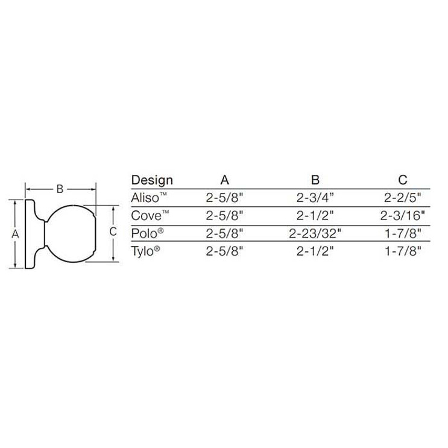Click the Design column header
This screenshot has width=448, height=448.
point(152,180)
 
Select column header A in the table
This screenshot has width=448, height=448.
point(224,180)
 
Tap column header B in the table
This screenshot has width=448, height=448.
point(315,180)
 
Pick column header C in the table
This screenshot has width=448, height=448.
point(403,180)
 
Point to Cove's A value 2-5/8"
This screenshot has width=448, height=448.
point(224,215)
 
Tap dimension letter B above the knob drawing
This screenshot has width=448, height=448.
point(60,189)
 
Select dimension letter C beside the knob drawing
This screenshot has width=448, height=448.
point(112,232)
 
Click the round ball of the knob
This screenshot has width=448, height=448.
point(72,233)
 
